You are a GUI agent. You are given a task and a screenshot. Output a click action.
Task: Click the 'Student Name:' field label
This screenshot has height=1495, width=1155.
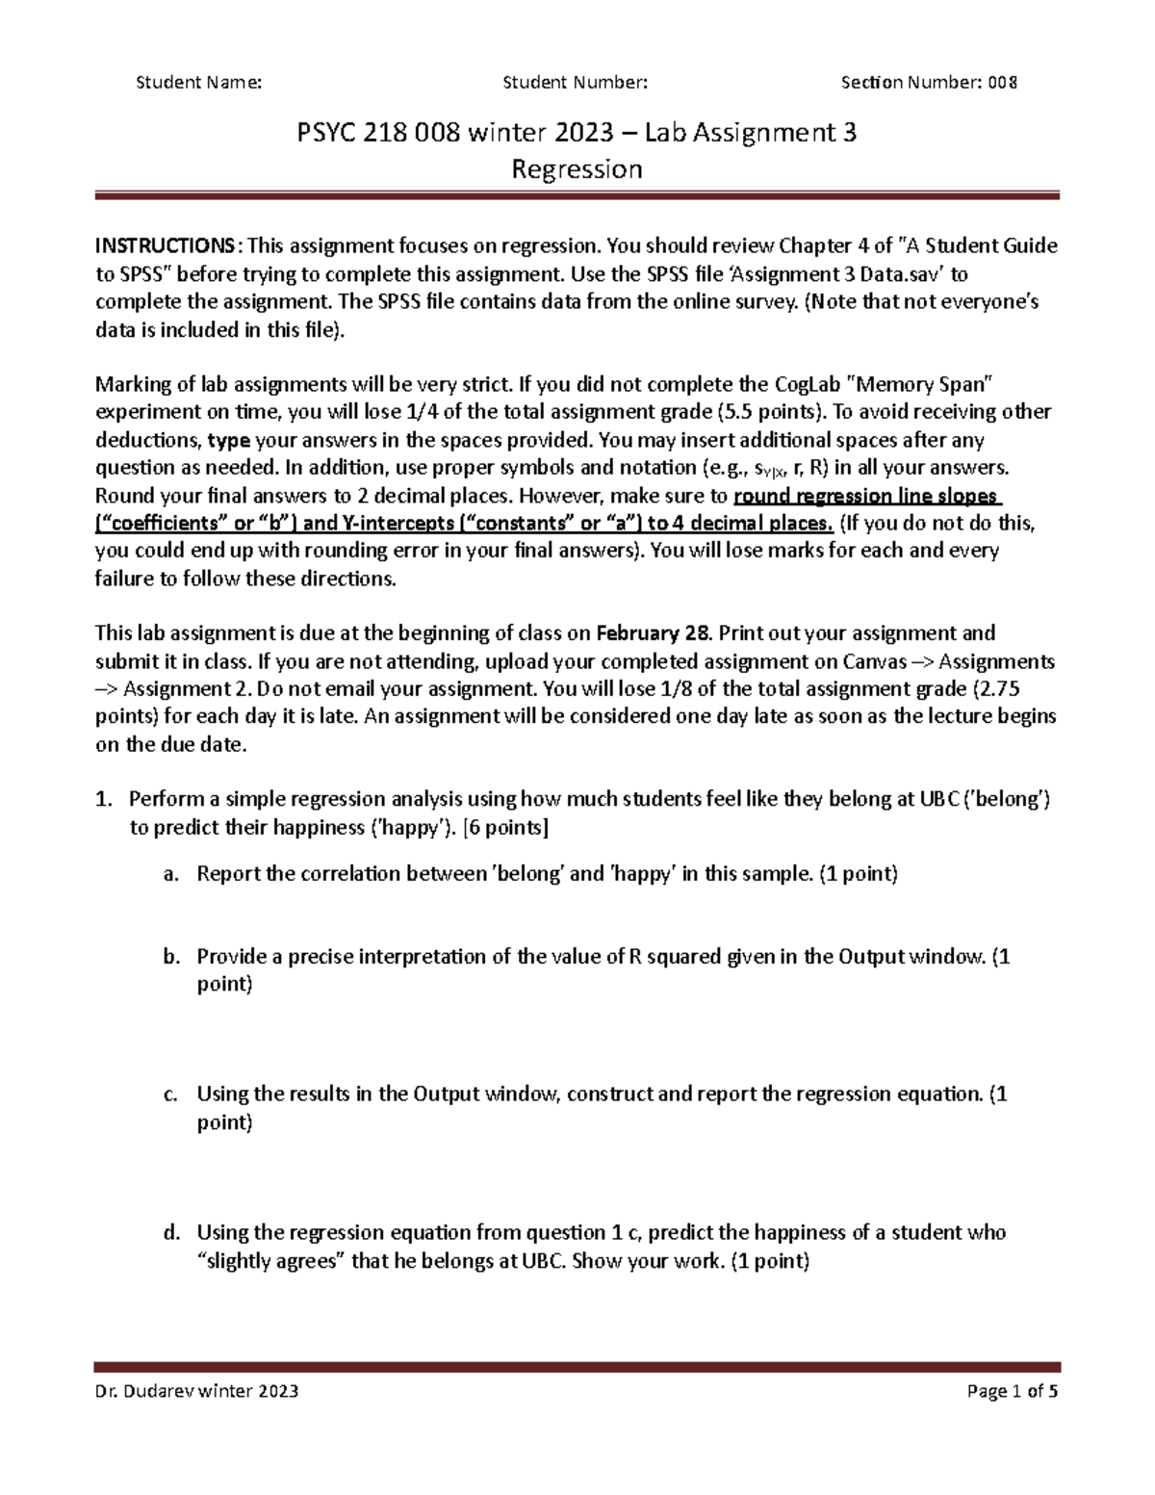click(x=199, y=82)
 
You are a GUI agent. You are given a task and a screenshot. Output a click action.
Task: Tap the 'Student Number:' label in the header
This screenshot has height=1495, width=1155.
click(x=576, y=82)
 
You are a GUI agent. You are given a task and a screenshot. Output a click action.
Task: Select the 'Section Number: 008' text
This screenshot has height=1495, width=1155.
click(x=929, y=82)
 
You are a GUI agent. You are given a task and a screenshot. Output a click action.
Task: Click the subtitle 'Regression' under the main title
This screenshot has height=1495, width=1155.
click(x=577, y=169)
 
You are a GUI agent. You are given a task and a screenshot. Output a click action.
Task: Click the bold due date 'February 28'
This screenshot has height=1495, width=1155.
click(x=654, y=633)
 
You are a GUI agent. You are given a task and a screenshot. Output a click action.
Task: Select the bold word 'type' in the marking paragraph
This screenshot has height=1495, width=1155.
click(x=229, y=441)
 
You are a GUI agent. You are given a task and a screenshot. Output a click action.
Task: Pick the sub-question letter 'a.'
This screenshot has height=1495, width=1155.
click(x=171, y=874)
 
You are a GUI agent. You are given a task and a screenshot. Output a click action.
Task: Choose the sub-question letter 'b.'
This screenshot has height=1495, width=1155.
click(x=171, y=957)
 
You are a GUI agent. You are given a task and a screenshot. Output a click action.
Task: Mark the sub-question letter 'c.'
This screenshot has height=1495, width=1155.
click(x=170, y=1094)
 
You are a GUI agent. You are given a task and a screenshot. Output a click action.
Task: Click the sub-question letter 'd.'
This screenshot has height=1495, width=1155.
click(x=171, y=1232)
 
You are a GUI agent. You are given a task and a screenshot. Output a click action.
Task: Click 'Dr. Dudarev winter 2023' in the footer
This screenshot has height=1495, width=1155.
click(x=196, y=1391)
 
